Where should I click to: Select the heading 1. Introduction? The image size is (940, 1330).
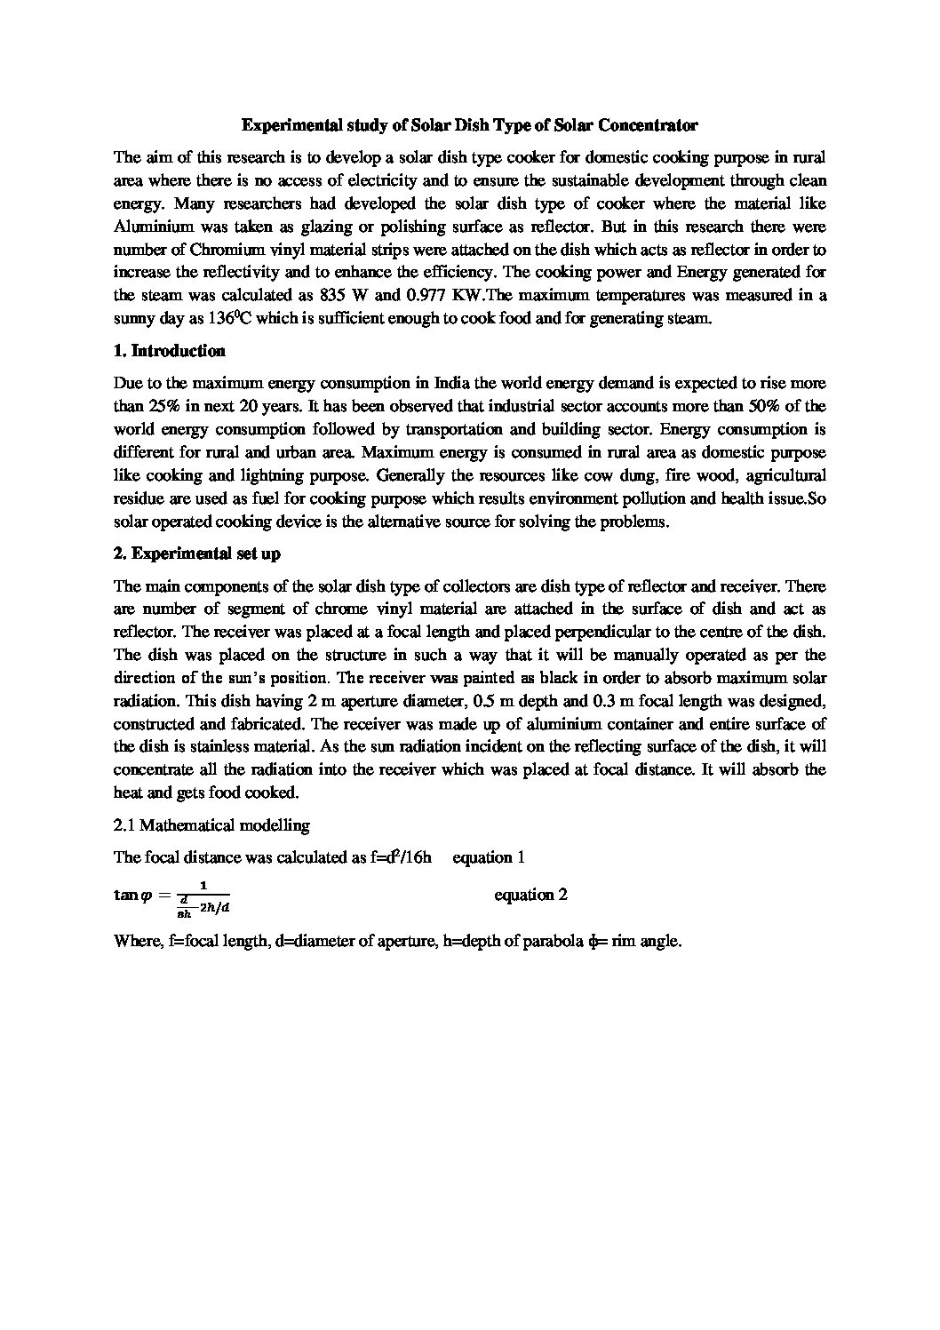point(170,351)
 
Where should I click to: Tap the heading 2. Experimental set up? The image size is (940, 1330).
point(197,554)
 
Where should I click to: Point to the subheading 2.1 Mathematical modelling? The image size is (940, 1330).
point(211,825)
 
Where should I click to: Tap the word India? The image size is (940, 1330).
point(452,384)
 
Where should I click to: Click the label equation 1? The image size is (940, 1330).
point(489,857)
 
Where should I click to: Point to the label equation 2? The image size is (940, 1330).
point(530,895)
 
